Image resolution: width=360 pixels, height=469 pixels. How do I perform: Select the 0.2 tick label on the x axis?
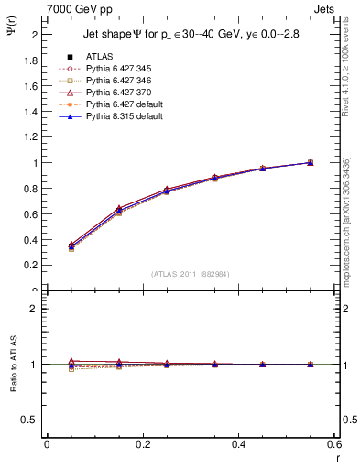click(142, 443)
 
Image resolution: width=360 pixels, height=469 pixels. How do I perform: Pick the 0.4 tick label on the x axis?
click(238, 443)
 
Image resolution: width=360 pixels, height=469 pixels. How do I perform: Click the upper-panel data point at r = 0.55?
click(311, 162)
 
